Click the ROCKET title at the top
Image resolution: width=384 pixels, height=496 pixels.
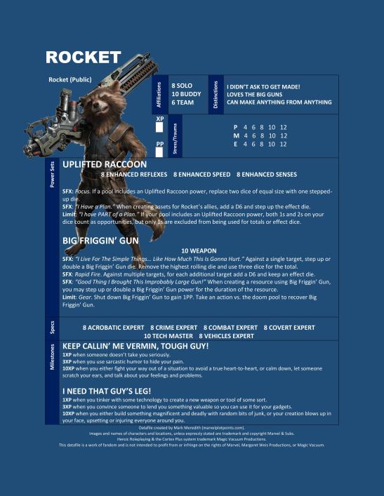84,57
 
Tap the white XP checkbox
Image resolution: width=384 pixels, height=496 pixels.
159,127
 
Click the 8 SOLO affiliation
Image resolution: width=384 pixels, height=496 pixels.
183,85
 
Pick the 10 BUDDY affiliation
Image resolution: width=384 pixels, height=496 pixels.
186,93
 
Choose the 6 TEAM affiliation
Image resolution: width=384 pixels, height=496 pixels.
183,102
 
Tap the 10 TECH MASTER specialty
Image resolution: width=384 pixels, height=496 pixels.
166,335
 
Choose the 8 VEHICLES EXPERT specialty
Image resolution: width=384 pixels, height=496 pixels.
226,335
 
